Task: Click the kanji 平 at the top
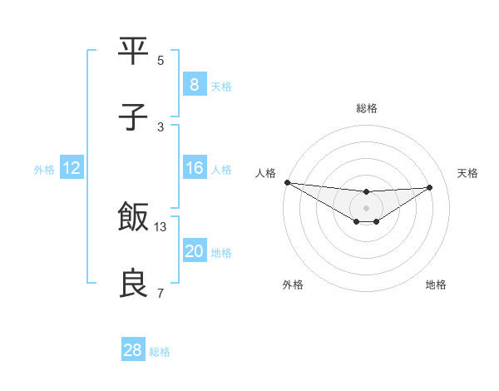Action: click(134, 51)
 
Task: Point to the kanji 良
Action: click(134, 285)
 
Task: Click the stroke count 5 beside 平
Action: click(161, 61)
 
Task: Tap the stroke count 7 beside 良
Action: click(161, 294)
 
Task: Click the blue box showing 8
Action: click(194, 85)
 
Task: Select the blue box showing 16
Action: click(194, 168)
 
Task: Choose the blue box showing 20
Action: click(194, 251)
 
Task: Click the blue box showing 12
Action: click(71, 168)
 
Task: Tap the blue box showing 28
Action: click(132, 350)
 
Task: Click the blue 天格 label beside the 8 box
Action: click(221, 86)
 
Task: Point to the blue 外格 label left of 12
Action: click(44, 169)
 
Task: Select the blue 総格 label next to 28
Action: click(160, 352)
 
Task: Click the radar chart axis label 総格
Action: click(366, 108)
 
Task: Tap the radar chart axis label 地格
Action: click(436, 285)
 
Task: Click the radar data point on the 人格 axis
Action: click(287, 182)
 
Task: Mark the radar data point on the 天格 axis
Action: click(430, 187)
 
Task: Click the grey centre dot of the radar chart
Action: click(366, 208)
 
